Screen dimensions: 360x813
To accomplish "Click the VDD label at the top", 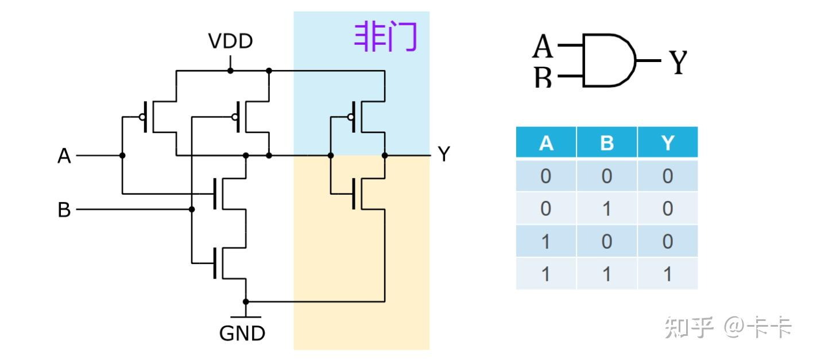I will [x=230, y=42].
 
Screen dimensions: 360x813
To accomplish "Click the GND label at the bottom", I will [x=242, y=333].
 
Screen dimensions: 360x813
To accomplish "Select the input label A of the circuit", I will [x=64, y=156].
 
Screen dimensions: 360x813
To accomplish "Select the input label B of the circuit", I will [x=64, y=210].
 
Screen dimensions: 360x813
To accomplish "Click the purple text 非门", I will [x=385, y=38].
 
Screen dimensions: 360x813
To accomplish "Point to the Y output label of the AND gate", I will [x=677, y=62].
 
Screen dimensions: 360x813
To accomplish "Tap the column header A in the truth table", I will [x=545, y=143].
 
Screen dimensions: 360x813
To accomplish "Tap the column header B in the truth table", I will [x=606, y=143].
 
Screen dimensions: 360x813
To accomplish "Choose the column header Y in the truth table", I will [x=667, y=143].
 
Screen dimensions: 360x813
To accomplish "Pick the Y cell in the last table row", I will [x=667, y=274].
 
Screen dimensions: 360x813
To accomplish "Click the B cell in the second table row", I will [x=606, y=208].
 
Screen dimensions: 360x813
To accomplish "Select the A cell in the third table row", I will [x=545, y=241].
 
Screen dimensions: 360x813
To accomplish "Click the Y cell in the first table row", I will [x=667, y=176].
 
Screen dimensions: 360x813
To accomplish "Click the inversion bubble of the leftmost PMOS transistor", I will [x=141, y=117].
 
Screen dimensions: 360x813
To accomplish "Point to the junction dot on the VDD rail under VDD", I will [x=230, y=71].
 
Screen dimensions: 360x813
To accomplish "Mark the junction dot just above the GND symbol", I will [x=246, y=301].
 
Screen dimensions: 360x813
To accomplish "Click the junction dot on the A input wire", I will [x=122, y=156].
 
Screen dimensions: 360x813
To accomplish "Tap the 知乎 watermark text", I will [x=689, y=328].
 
